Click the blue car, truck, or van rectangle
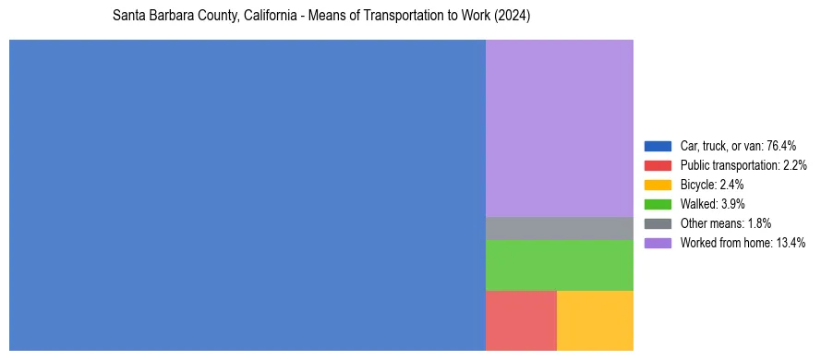[247, 195]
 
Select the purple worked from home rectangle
[559, 127]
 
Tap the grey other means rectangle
[559, 228]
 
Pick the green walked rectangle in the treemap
[559, 265]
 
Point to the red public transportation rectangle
[521, 320]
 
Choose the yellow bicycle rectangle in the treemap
[595, 320]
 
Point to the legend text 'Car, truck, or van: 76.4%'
[738, 146]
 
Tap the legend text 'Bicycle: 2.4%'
[712, 185]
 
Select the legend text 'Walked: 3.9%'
[712, 204]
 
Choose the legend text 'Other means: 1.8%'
[725, 223]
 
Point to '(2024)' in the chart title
[510, 17]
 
